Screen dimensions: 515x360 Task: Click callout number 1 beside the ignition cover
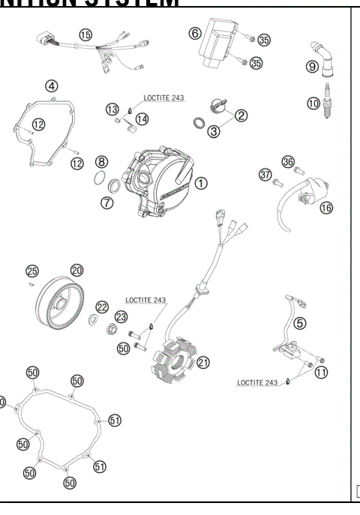201,182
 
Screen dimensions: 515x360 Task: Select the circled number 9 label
313,66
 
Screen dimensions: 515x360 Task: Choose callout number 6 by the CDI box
194,33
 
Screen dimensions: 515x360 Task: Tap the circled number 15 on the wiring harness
85,35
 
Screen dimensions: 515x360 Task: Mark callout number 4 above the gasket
52,85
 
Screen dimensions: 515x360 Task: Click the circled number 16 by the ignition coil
325,208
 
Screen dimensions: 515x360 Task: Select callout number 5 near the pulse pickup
299,323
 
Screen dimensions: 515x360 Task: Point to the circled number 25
31,271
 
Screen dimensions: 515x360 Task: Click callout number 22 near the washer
102,307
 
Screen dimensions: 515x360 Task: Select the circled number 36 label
287,161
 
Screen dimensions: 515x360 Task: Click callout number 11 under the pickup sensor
321,372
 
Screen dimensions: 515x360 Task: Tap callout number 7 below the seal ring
107,203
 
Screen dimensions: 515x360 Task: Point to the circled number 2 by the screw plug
241,115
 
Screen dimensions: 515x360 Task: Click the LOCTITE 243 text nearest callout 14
163,97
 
